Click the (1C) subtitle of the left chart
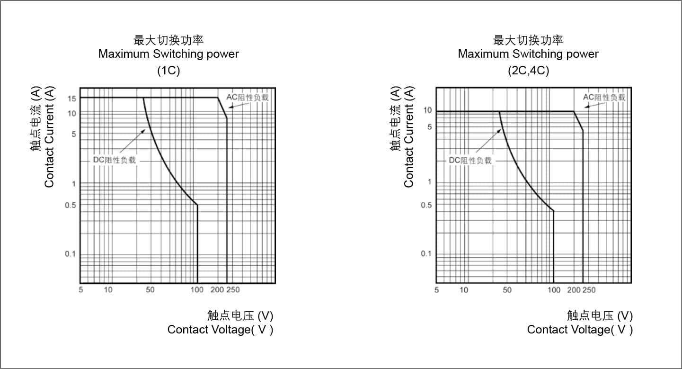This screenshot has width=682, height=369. (x=168, y=71)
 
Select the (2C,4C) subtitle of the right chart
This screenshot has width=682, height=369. (x=528, y=71)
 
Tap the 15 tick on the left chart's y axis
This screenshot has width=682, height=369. (x=72, y=98)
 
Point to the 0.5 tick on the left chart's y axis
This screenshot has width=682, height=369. (x=71, y=205)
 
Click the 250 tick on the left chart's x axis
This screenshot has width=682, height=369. (x=233, y=290)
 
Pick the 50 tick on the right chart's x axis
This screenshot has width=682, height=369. (x=507, y=290)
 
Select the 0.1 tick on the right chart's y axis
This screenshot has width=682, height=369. (x=426, y=254)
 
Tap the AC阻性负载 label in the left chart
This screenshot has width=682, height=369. (x=247, y=97)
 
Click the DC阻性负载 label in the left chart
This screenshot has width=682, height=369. (x=114, y=160)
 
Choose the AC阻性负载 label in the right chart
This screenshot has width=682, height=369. (x=604, y=97)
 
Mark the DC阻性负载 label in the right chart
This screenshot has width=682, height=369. (x=470, y=161)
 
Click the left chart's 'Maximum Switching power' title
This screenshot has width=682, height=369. (x=168, y=54)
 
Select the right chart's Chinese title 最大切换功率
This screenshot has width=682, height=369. (x=528, y=40)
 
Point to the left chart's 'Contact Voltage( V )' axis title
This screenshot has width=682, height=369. (x=220, y=330)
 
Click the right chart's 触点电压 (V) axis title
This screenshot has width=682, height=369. (x=600, y=315)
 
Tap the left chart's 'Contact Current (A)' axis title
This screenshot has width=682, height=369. (x=49, y=137)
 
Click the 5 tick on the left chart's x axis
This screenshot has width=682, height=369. (x=81, y=290)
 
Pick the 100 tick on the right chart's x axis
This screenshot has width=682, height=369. (x=554, y=290)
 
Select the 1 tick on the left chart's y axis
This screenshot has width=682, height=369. (x=73, y=184)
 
